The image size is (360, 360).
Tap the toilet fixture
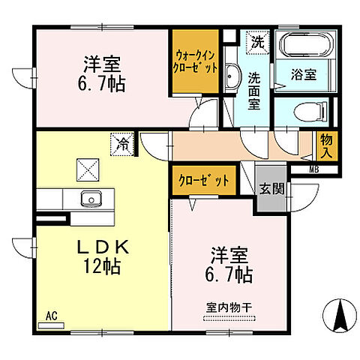pyautogui.click(x=304, y=112)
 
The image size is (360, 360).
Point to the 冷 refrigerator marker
pyautogui.click(x=121, y=141)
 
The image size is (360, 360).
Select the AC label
pyautogui.click(x=50, y=316)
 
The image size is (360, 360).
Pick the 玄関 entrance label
pyautogui.click(x=271, y=188)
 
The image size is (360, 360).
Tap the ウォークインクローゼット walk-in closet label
pyautogui.click(x=197, y=61)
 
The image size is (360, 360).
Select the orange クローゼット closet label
pyautogui.click(x=203, y=181)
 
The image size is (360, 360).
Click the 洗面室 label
pyautogui.click(x=254, y=89)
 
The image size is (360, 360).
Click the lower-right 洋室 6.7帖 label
pyautogui.click(x=229, y=267)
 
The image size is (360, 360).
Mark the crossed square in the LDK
pyautogui.click(x=88, y=170)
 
